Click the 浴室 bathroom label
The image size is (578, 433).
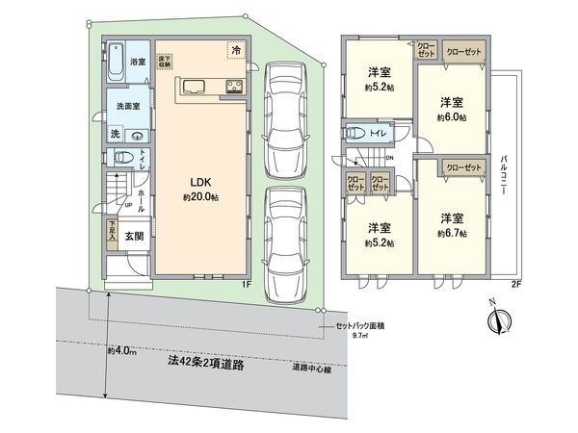[x=138, y=63]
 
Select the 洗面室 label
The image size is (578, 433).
[x=130, y=107]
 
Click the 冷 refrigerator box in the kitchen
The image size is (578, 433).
[x=236, y=50]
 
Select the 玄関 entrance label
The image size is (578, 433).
[x=134, y=237]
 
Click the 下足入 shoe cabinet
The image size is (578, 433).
[x=112, y=232]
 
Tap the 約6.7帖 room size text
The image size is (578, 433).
[x=451, y=233]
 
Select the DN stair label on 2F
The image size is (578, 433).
[x=390, y=159]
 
